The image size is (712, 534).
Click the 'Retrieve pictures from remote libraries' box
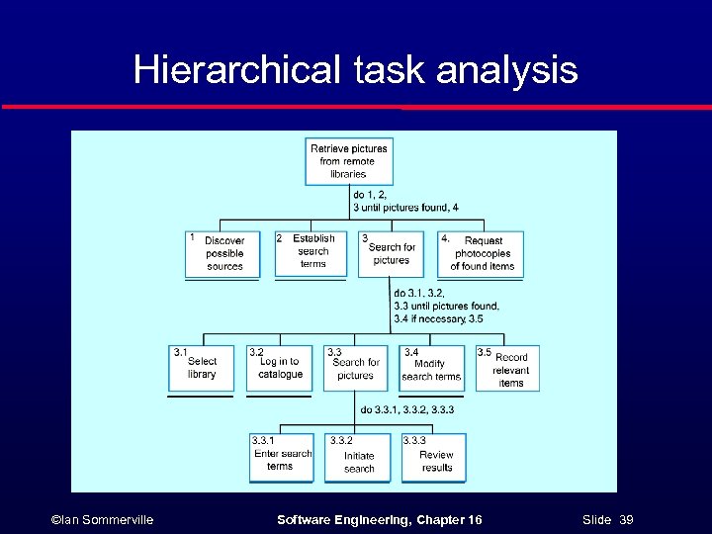pos(348,161)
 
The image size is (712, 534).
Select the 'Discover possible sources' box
pos(222,254)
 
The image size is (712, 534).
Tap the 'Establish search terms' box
pos(312,252)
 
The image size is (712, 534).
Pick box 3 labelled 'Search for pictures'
pos(391,254)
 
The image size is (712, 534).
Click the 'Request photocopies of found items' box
pos(481,254)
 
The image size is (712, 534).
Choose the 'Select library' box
pos(202,368)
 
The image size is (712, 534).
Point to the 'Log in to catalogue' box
pos(280,368)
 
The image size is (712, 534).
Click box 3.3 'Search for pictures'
pos(355,368)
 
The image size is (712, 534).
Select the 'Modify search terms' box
pos(431,368)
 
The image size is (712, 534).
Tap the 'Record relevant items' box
pos(508,368)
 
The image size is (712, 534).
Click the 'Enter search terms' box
pos(281,458)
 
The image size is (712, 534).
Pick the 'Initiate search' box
pos(358,458)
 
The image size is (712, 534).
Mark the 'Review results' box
pos(433,458)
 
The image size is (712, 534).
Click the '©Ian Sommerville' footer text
pos(103,518)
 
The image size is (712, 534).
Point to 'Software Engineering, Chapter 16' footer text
pos(380,518)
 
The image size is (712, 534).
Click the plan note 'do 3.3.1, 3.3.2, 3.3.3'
pos(407,409)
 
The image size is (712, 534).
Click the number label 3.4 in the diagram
pos(411,351)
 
